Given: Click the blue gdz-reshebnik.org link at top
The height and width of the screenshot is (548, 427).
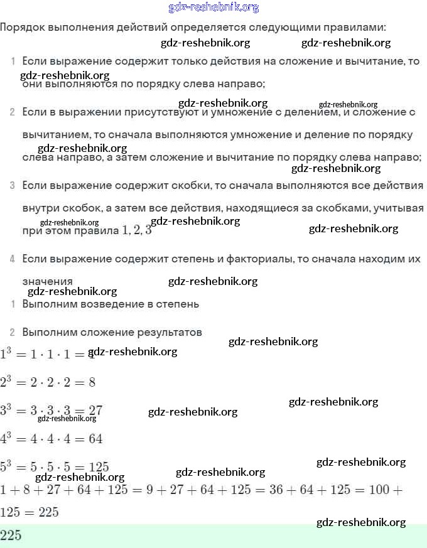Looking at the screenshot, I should (213, 8).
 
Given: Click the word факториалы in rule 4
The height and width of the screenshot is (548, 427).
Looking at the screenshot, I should (243, 259).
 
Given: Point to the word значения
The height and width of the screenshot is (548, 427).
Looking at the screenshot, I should (47, 282).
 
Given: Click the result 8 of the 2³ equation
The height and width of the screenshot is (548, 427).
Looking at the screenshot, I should (92, 382).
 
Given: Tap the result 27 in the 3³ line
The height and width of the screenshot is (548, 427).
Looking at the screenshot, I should (95, 411).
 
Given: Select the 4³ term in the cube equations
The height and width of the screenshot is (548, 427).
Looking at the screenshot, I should (7, 438).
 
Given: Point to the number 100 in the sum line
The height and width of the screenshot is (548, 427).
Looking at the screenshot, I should (379, 490).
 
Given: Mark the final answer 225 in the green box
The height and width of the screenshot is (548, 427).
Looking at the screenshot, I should (11, 535).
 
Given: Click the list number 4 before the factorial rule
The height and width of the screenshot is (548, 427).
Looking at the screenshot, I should (13, 259).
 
